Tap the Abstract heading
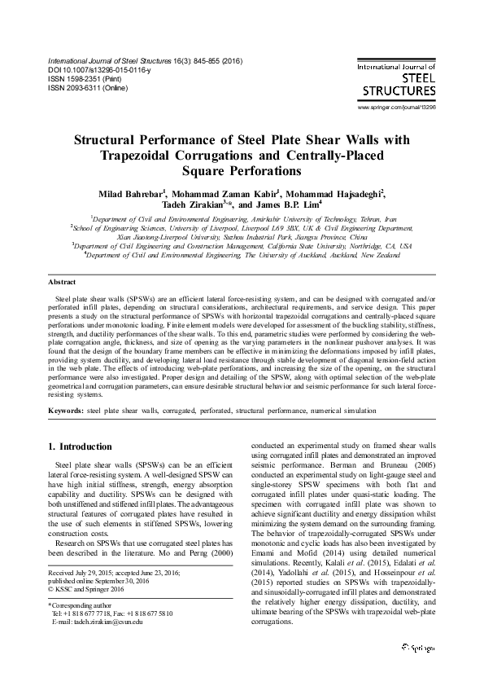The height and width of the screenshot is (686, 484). pos(63,281)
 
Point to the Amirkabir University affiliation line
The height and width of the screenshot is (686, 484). pos(243,220)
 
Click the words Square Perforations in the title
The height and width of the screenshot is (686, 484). pos(242,171)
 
